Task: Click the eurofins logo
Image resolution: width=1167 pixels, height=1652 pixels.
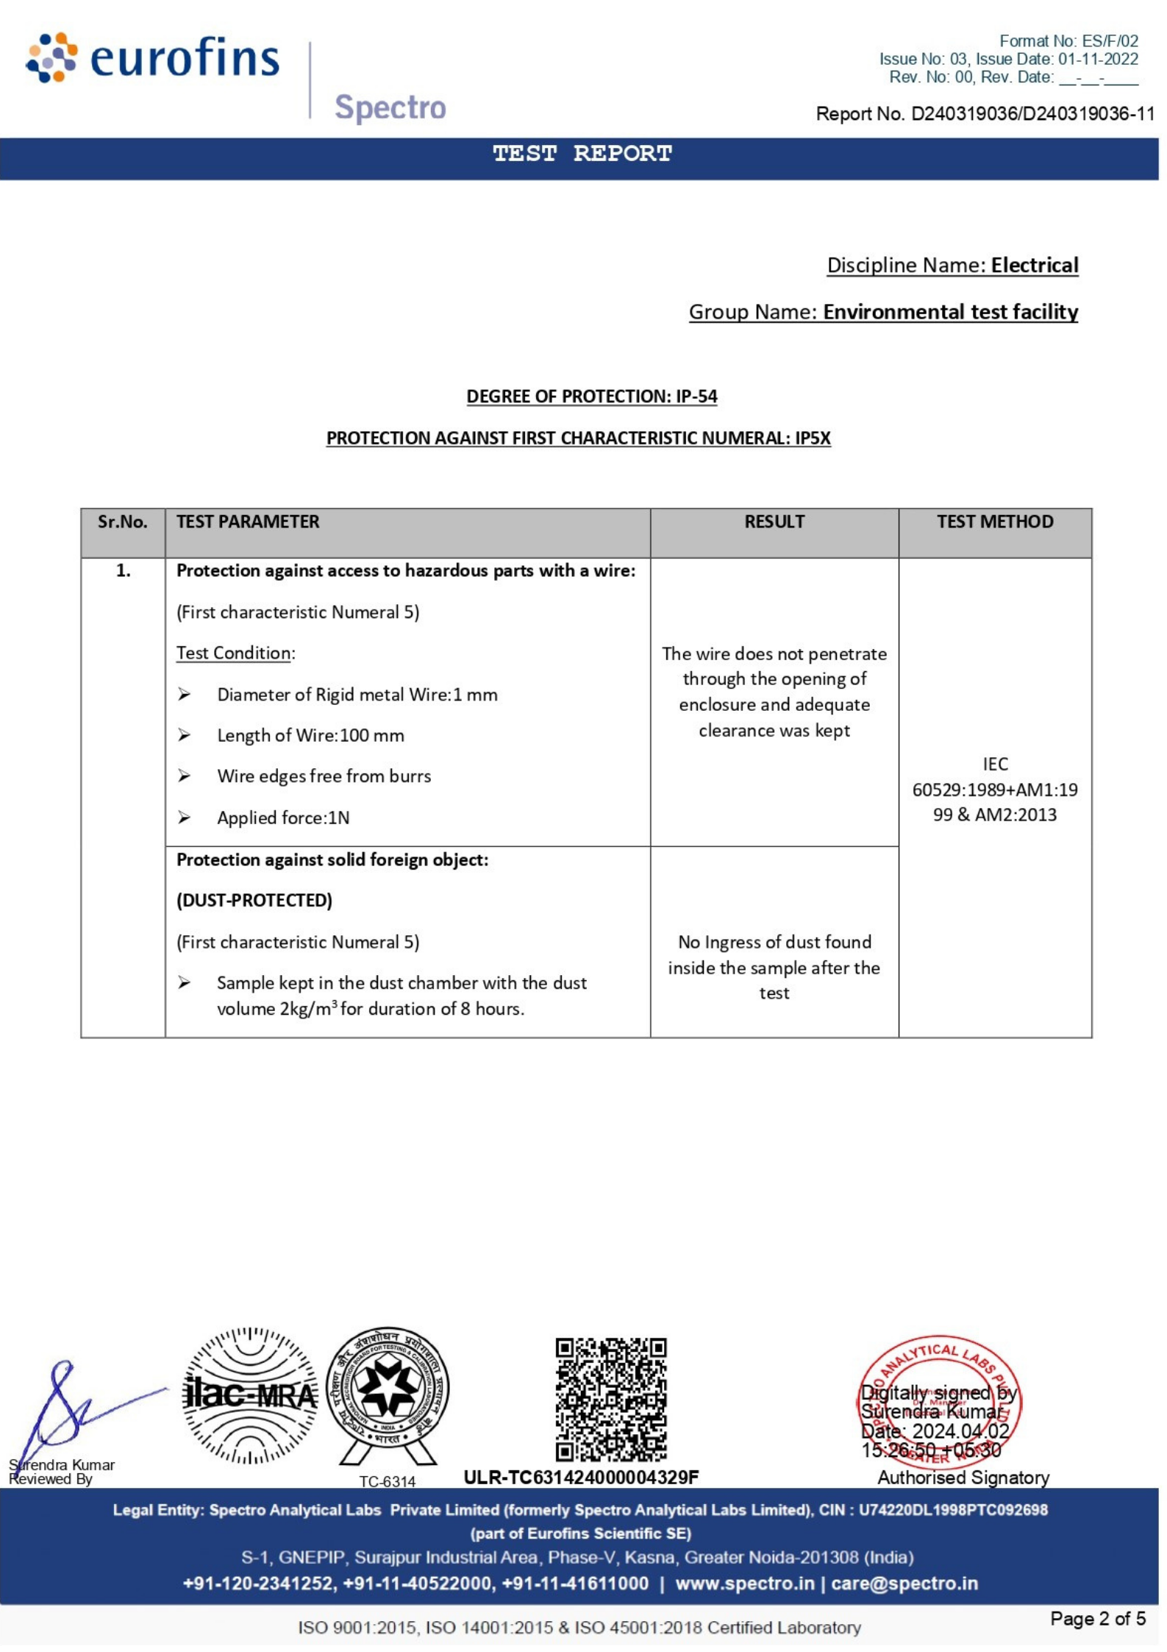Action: [x=152, y=58]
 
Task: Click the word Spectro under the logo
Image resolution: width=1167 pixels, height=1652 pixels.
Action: [x=390, y=107]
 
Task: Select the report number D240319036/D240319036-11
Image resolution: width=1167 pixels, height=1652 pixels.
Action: [x=1032, y=114]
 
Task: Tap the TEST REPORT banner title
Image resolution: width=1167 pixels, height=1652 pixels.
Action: [x=582, y=154]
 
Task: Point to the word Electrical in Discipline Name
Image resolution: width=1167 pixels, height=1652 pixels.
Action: [x=1034, y=265]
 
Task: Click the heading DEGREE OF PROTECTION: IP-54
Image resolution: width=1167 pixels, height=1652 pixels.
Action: [x=591, y=396]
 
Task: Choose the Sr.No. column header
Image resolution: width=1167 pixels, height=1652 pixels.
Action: [x=122, y=522]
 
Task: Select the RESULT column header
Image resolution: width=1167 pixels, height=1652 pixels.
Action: [x=774, y=522]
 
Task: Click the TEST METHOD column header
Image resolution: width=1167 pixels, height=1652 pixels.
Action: [x=994, y=522]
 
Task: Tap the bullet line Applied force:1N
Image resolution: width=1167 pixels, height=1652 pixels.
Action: [x=283, y=818]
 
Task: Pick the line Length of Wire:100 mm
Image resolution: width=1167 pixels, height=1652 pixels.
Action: [x=310, y=735]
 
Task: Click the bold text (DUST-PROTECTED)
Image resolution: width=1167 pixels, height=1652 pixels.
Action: [x=254, y=900]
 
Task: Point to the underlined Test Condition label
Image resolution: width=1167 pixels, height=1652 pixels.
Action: [x=234, y=653]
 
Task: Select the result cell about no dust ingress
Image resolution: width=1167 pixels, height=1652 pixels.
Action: [x=774, y=967]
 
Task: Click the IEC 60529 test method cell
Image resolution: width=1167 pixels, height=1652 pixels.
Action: [x=994, y=790]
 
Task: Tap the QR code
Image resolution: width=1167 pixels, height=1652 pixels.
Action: [x=610, y=1399]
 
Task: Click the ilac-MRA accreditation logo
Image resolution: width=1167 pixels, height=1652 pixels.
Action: [x=250, y=1395]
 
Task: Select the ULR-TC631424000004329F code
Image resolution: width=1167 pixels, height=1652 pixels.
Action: [x=581, y=1477]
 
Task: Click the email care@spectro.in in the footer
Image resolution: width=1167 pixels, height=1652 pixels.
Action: [x=904, y=1583]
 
